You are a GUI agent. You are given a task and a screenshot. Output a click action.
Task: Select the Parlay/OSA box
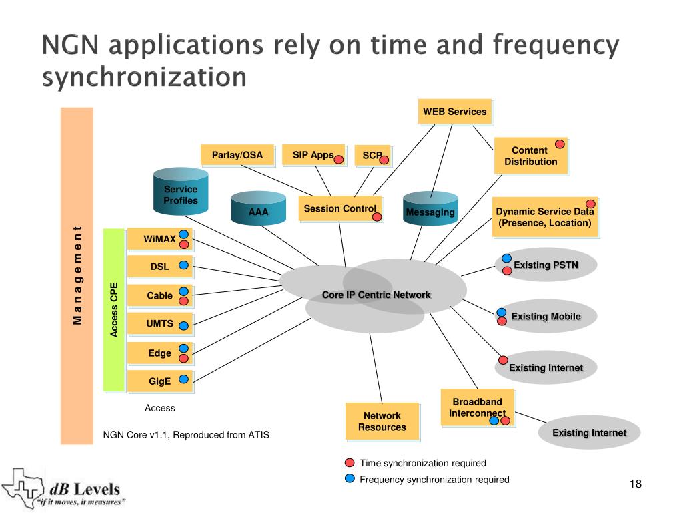click(237, 155)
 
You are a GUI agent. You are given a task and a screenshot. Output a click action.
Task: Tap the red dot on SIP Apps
click(339, 159)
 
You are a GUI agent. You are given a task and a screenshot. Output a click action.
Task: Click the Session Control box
click(340, 209)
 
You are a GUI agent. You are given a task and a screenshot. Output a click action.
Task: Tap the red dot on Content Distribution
click(560, 144)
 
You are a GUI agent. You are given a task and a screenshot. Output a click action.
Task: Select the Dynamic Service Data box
click(544, 217)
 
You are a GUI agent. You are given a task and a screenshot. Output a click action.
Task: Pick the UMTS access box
click(160, 324)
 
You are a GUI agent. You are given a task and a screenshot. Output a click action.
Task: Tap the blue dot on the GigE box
click(184, 379)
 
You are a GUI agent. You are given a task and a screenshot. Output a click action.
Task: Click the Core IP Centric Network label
click(376, 295)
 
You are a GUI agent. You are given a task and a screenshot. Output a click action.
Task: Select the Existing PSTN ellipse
click(546, 265)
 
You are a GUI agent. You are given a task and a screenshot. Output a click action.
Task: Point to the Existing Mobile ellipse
click(546, 317)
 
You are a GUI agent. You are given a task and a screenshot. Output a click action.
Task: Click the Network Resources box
click(382, 421)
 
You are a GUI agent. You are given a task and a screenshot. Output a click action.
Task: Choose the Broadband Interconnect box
click(477, 407)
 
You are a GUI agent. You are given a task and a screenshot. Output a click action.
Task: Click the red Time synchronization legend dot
click(350, 463)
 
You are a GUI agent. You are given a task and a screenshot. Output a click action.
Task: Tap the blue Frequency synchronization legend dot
click(350, 478)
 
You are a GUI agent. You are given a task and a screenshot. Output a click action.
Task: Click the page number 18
click(635, 484)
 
